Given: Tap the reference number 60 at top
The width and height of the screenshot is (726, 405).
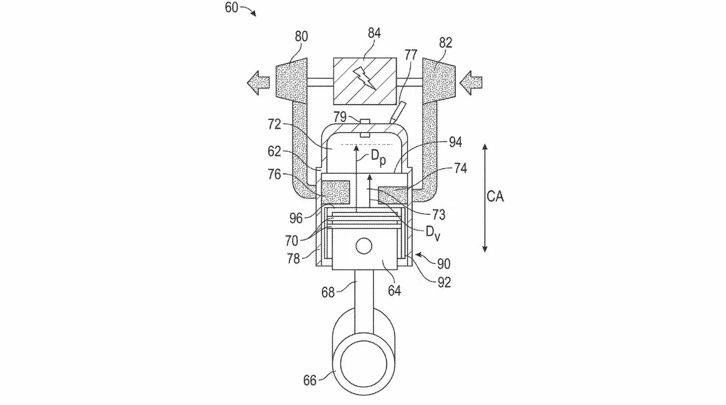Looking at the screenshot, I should tap(231, 8).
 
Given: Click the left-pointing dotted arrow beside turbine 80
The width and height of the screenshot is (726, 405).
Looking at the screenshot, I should tap(258, 83).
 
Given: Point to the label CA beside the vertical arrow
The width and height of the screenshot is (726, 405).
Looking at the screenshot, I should tap(495, 196).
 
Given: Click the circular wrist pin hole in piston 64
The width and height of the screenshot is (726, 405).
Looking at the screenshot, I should tap(364, 246).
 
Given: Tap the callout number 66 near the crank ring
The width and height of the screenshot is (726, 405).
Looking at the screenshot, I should tap(309, 380).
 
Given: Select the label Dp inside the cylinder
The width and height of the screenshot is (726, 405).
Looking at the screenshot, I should tap(378, 157).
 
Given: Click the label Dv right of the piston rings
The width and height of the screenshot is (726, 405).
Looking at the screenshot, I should tap(432, 232).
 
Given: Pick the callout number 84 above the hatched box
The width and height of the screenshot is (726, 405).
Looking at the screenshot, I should tap(374, 33).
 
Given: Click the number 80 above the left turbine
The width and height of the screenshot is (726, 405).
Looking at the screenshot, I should tap(301, 36).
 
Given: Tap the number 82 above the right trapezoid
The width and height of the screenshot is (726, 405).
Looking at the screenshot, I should tap(445, 43).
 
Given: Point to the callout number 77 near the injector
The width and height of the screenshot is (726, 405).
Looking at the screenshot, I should tap(410, 55).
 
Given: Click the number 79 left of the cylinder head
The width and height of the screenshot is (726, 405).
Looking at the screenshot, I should tap(340, 117).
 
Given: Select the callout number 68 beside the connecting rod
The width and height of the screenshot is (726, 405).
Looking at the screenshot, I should tap(328, 292).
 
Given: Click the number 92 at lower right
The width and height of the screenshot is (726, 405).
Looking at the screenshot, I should tap(444, 282).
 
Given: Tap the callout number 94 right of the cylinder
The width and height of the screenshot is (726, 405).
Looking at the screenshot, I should tap(455, 142).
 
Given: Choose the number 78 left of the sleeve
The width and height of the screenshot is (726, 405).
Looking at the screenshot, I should tap(293, 258).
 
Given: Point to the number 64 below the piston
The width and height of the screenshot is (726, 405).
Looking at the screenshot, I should tap(394, 290).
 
